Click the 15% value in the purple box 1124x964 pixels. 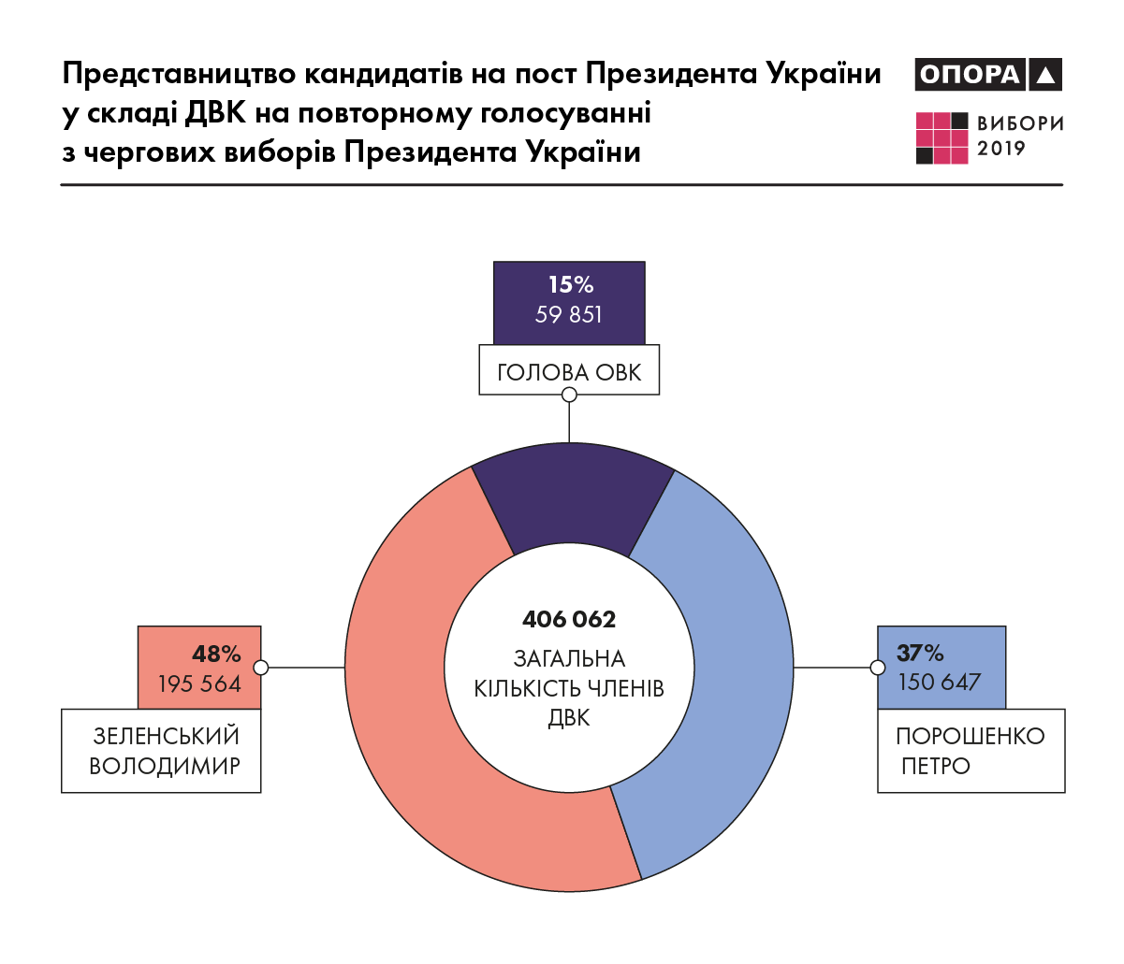tap(570, 285)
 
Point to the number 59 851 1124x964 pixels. tap(569, 315)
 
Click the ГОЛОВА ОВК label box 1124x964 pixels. tap(569, 372)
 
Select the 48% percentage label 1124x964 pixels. tap(216, 654)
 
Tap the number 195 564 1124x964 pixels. tap(199, 683)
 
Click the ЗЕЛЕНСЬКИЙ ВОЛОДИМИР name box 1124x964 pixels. tap(161, 751)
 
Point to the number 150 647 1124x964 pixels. tap(940, 683)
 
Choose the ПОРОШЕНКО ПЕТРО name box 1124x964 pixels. tap(971, 751)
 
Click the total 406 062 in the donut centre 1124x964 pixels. tap(569, 619)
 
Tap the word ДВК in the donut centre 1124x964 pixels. tap(569, 718)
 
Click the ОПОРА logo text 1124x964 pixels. tap(970, 75)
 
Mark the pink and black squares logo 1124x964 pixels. tap(942, 137)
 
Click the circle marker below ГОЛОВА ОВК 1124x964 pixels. tap(569, 395)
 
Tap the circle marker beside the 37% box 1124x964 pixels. tap(877, 668)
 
